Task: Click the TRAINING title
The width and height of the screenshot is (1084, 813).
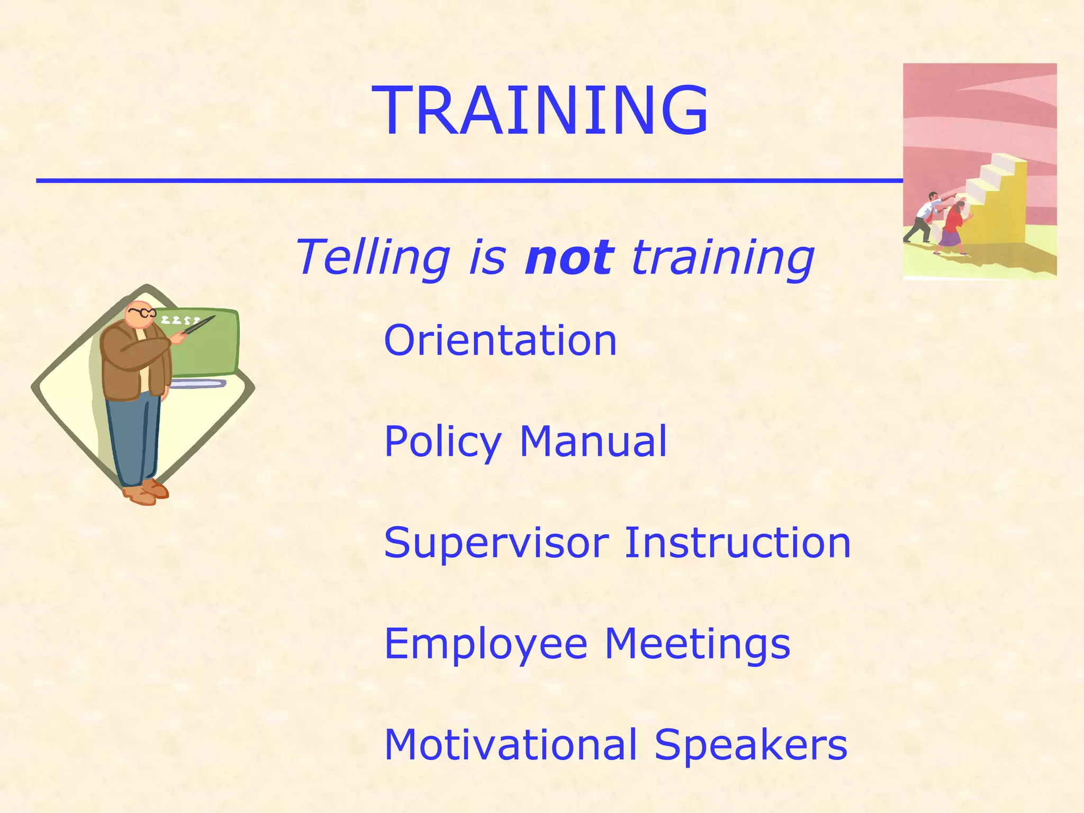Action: point(540,111)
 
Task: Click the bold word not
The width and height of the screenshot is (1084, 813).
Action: point(569,258)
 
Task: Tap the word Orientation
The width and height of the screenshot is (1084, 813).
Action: point(500,340)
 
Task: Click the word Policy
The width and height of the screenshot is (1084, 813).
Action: point(442,442)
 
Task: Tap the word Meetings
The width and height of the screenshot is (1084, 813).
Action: point(697,644)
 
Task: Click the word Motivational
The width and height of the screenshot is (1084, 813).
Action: point(510,745)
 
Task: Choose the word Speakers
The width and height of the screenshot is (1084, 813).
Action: point(751,745)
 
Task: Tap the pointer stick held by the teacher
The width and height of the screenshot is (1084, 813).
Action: point(198,324)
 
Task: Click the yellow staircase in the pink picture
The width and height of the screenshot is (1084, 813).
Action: point(998,201)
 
